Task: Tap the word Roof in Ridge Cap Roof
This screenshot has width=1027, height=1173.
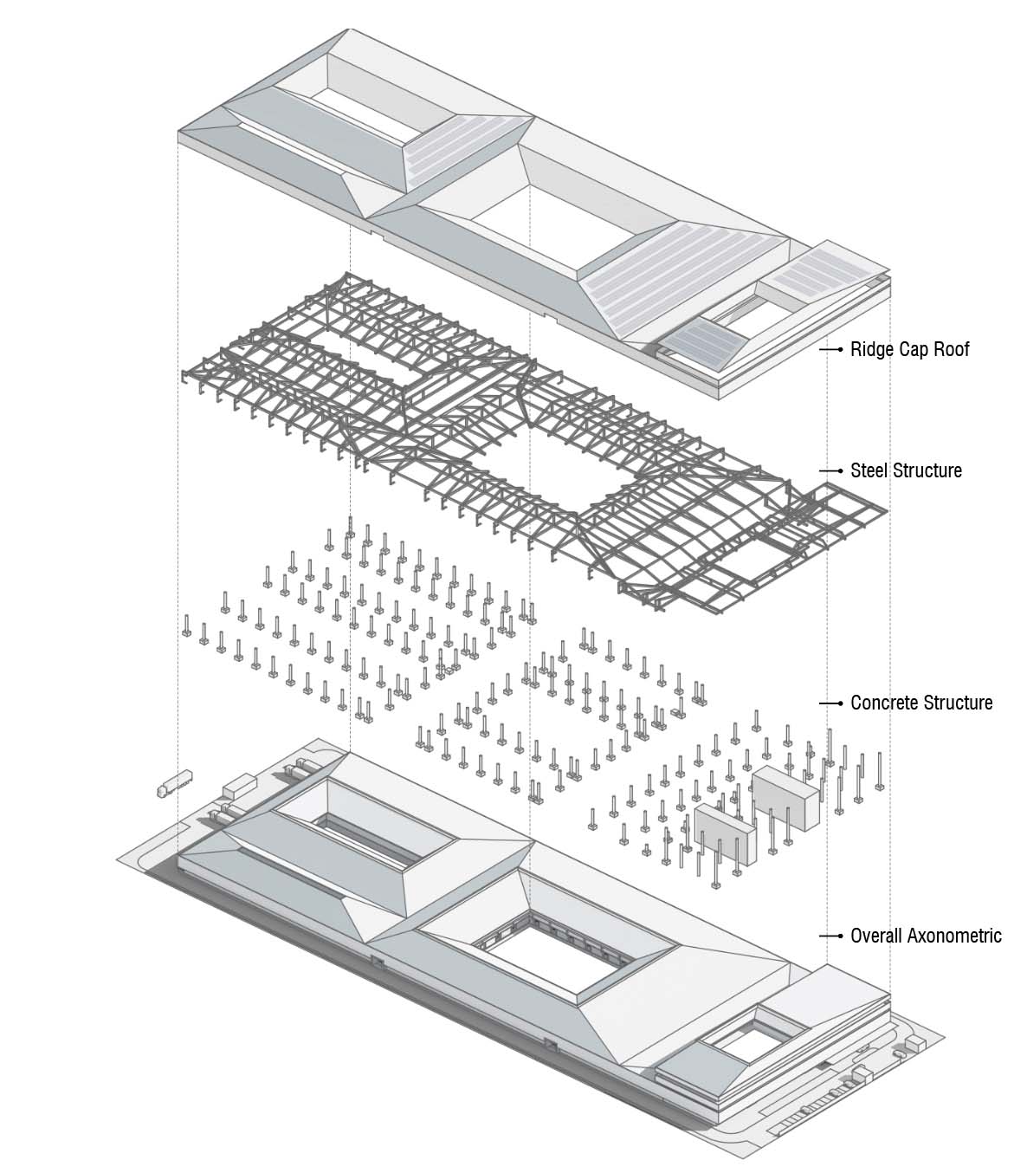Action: tap(952, 349)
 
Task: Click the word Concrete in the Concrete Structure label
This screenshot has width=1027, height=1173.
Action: tap(884, 703)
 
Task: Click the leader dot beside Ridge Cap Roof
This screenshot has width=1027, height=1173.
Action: tap(840, 349)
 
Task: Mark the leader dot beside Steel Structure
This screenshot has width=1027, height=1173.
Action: tap(840, 470)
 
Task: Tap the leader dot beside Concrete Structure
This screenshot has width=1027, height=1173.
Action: tap(840, 703)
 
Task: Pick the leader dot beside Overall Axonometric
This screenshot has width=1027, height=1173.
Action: tap(840, 936)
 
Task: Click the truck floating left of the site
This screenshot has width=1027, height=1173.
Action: tap(175, 784)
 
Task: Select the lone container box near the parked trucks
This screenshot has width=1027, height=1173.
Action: tap(240, 786)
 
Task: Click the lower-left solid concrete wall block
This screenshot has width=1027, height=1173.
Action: tap(726, 834)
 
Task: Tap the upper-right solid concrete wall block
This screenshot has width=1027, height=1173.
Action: tap(785, 798)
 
